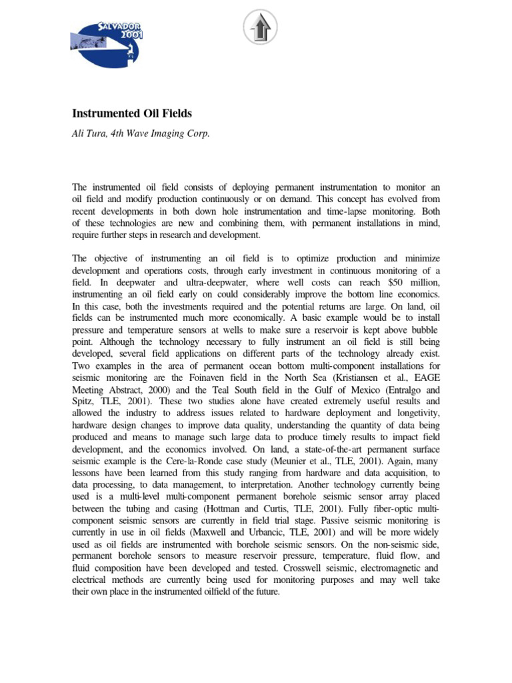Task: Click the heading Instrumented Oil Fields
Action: pyautogui.click(x=131, y=114)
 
